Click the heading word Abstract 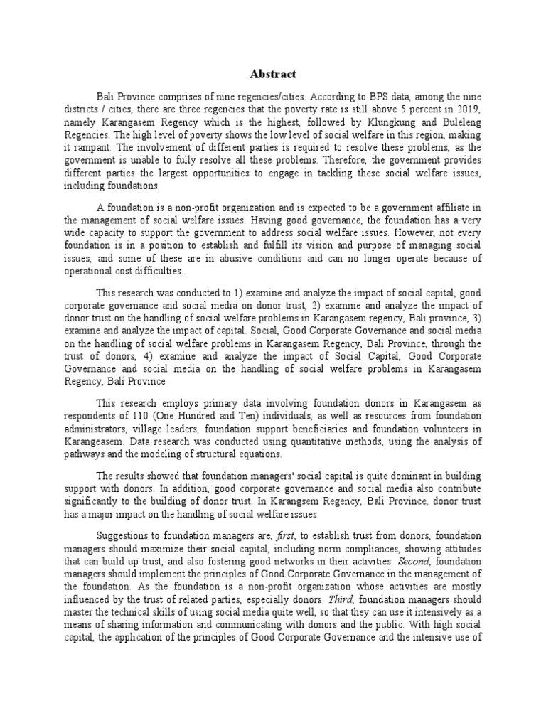[273, 74]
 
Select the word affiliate [439, 207]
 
